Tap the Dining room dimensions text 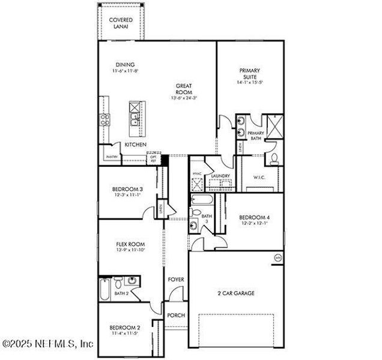(x=124, y=71)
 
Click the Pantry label (x=112, y=157)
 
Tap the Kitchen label (x=135, y=145)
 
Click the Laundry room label (x=221, y=176)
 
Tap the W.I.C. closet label (x=259, y=177)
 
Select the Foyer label (x=176, y=280)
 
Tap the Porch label (x=176, y=316)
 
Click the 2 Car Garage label (x=236, y=293)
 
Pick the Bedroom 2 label (x=125, y=328)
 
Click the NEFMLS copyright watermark (x=48, y=344)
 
